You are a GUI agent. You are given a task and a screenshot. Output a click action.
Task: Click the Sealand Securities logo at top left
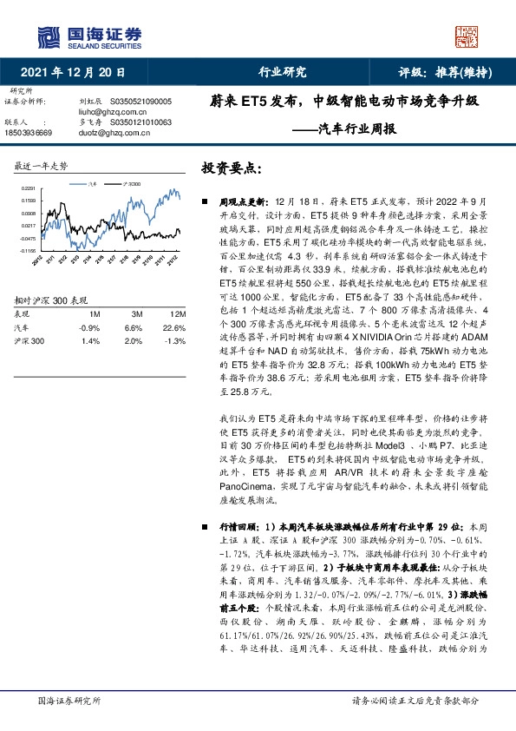click(88, 36)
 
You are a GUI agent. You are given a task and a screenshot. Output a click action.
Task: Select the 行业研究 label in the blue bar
click(283, 73)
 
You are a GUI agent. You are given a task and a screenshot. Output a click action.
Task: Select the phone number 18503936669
click(29, 134)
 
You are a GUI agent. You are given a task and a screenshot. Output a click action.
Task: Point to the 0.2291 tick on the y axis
click(29, 188)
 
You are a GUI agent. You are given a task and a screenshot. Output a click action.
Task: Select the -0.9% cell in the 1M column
click(91, 328)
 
